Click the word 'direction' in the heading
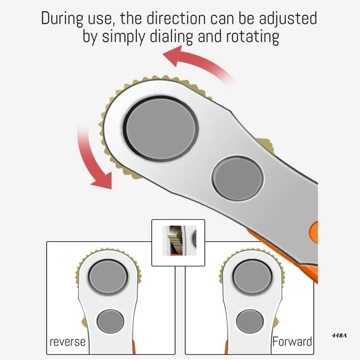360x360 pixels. pos(176,18)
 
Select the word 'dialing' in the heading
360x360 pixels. pos(171,37)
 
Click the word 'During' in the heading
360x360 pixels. pos(62,18)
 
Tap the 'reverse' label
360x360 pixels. pos(67,342)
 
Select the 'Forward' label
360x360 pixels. pos(292,342)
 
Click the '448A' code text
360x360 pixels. pos(339,336)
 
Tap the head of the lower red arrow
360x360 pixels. pos(102,181)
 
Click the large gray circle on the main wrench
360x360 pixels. pos(161,129)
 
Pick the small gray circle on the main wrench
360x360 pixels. pos(238,179)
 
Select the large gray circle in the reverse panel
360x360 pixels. pos(108,277)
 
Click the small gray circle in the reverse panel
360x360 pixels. pos(110,321)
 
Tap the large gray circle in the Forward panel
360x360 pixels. pos(252,277)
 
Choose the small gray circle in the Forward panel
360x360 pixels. pos(250,321)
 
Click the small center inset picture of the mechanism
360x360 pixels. pos(178,243)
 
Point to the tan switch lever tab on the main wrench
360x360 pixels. pos(266,145)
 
